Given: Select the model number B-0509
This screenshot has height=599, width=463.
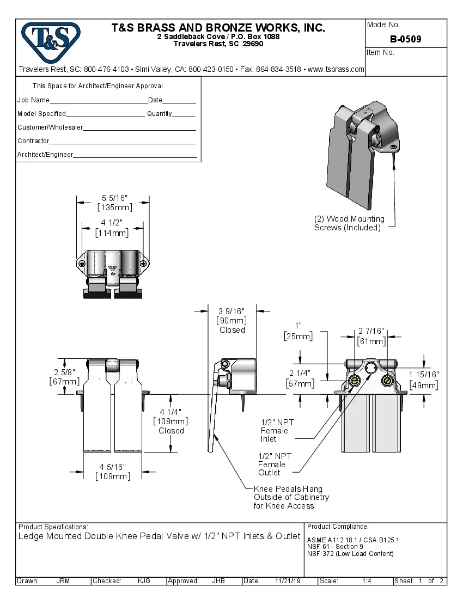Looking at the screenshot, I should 405,39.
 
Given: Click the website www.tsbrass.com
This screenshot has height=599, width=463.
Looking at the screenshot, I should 336,69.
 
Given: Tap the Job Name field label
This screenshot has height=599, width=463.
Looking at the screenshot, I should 33,100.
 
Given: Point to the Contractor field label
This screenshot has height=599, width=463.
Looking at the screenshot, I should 33,141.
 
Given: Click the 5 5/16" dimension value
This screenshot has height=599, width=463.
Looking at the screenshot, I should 114,198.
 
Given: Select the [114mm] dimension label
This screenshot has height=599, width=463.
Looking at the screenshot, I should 112,233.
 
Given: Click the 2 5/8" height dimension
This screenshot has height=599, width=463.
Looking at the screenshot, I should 64,372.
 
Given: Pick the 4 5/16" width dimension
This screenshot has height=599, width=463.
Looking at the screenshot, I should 113,467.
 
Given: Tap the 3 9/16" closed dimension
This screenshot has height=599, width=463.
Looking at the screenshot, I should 231,311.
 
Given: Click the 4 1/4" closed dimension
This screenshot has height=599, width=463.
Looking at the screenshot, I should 171,412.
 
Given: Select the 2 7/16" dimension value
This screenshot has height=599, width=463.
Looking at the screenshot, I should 371,331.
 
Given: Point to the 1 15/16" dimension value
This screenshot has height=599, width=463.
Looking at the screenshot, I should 424,375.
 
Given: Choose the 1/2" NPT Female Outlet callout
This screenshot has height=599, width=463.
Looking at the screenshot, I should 275,464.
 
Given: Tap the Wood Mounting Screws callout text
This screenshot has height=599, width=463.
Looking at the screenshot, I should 349,223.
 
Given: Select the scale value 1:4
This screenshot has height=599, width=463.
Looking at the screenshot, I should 367,581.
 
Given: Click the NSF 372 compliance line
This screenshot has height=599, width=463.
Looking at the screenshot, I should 350,554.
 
